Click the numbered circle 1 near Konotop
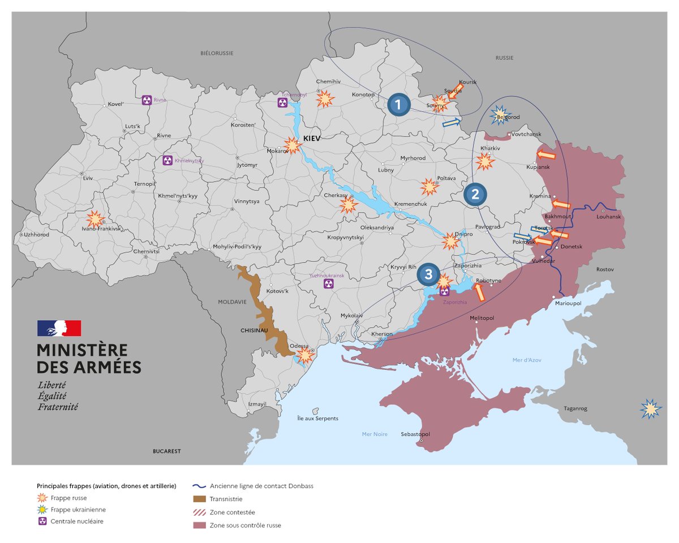(398, 105)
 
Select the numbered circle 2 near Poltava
(475, 195)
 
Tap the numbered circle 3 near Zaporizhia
(428, 275)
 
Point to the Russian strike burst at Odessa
(306, 355)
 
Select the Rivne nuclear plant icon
(147, 100)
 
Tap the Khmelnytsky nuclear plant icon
(167, 160)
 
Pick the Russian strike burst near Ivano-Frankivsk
(94, 219)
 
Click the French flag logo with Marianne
(59, 329)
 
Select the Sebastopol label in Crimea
(415, 434)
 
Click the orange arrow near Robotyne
(479, 292)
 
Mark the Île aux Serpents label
(317, 419)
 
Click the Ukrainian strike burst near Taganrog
(651, 408)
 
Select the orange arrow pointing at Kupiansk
(545, 155)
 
